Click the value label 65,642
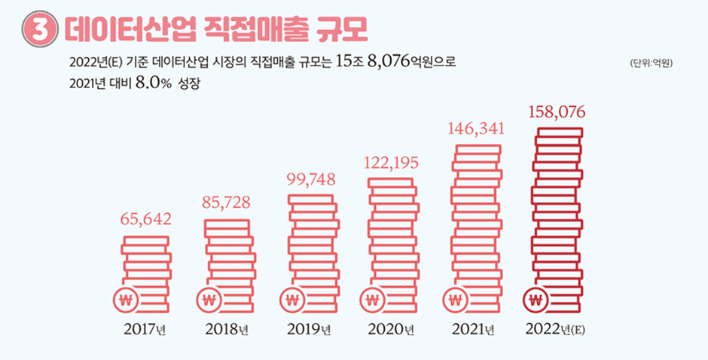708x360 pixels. click(146, 219)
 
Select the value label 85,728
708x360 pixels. click(227, 203)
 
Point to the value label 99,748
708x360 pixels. click(312, 179)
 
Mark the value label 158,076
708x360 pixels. click(557, 112)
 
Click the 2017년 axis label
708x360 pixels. click(145, 329)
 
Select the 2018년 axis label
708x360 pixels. click(227, 329)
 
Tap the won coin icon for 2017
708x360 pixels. click(126, 300)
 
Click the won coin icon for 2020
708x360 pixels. click(371, 300)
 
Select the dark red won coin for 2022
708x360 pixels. click(536, 300)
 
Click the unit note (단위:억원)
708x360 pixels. click(650, 63)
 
